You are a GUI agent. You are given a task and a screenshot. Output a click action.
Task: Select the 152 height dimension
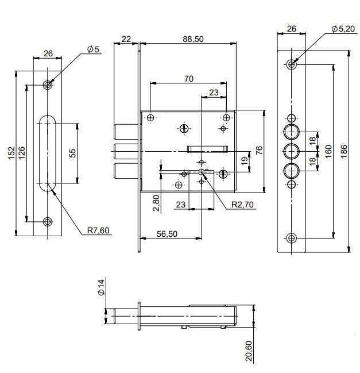(11, 153)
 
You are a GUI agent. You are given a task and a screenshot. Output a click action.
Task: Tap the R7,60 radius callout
(98, 230)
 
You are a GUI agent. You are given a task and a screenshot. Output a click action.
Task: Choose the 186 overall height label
(344, 151)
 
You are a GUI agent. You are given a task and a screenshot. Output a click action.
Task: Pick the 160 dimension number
(328, 151)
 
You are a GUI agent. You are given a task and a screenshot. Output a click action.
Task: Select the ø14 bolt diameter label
(102, 287)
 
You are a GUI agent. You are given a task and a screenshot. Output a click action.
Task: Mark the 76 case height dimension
(259, 150)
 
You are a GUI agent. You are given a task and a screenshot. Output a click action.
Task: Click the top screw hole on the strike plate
(48, 84)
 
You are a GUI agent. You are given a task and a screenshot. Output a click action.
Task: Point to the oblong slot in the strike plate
(48, 153)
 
